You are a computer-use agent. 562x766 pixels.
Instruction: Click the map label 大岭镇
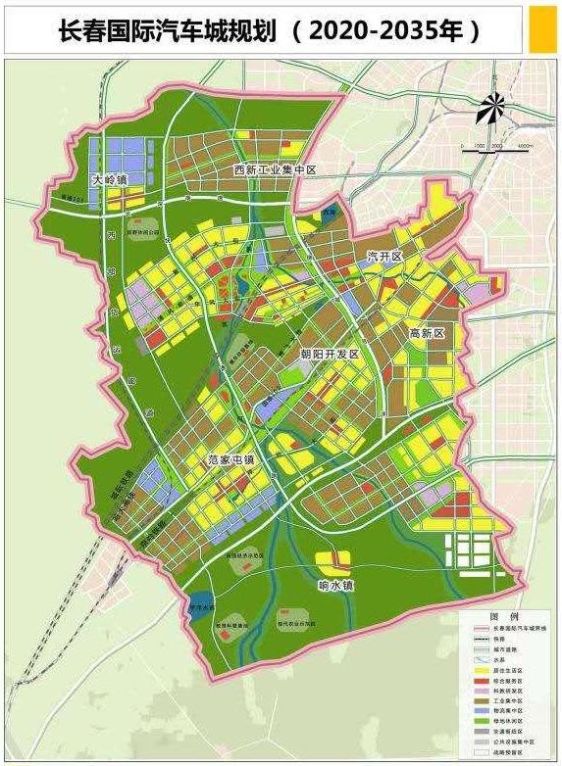[111, 180]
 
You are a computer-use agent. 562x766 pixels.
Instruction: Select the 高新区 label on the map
[428, 334]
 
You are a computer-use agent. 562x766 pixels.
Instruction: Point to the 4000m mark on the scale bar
[525, 147]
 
